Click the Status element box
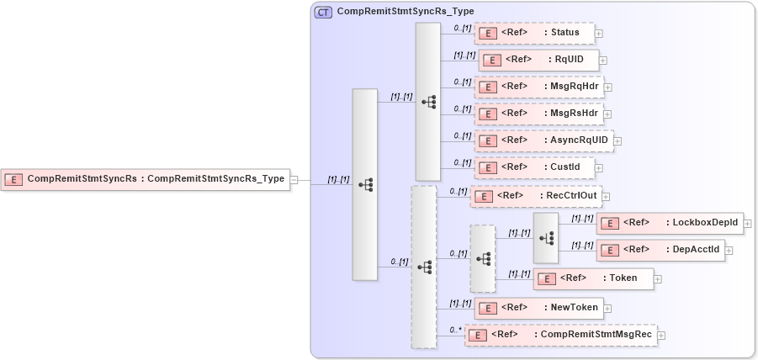tap(534, 33)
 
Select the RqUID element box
tap(538, 60)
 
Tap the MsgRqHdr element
tap(538, 87)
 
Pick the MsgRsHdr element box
tap(538, 113)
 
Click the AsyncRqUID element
tap(543, 140)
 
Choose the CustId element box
tap(534, 167)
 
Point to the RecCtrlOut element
tap(535, 196)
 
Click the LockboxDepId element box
tap(670, 223)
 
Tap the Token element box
tap(593, 278)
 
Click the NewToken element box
tap(538, 307)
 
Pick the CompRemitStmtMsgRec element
tap(560, 335)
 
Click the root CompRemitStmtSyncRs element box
tap(146, 178)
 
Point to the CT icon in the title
tap(323, 12)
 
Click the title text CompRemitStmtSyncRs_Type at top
tap(405, 12)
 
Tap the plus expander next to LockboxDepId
tap(748, 224)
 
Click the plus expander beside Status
tap(599, 34)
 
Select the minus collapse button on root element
tap(294, 179)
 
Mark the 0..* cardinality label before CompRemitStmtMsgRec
tap(455, 330)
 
